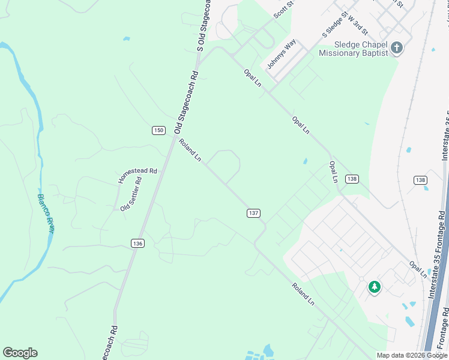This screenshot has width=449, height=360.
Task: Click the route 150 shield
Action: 158,130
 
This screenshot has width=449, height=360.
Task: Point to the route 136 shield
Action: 137,242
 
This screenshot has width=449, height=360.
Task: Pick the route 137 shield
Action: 253,213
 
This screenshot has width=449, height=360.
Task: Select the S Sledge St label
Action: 336,27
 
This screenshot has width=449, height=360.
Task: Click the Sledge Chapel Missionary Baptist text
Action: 353,49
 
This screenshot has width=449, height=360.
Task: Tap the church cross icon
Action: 396,47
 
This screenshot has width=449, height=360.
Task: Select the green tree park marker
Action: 375,287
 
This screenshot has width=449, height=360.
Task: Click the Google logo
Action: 20,353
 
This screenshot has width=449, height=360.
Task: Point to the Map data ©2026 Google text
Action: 412,355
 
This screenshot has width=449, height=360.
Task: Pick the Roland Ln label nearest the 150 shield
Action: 190,149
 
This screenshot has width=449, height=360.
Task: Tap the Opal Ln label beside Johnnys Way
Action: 253,78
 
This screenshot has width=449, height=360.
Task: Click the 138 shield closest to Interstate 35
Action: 420,180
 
